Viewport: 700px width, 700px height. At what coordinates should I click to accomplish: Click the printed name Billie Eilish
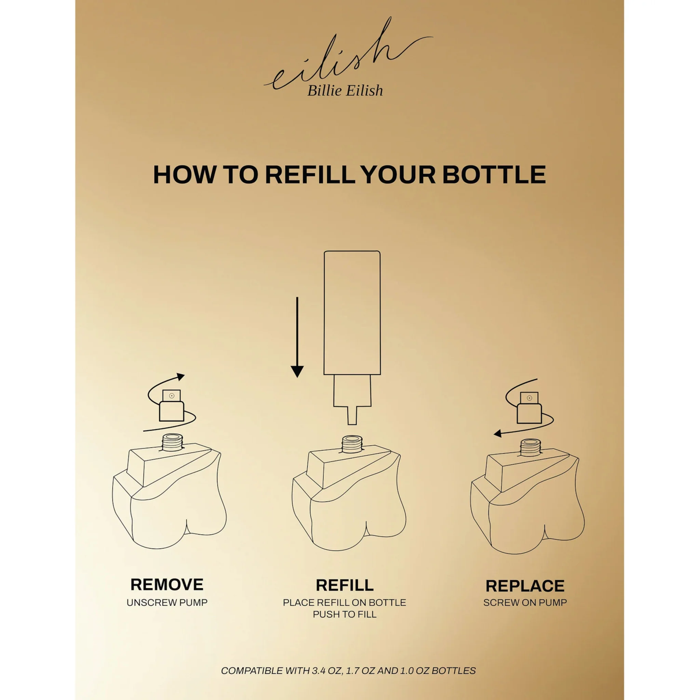[345, 91]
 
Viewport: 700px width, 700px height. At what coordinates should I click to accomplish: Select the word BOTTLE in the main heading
[494, 175]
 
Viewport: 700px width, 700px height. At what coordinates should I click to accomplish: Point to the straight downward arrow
[297, 337]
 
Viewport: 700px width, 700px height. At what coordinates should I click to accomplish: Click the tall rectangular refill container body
[352, 313]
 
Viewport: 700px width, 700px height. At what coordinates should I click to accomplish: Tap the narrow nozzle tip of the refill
[352, 415]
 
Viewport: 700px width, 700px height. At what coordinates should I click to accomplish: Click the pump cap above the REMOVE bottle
[171, 405]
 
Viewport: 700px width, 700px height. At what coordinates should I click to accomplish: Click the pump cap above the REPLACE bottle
[529, 408]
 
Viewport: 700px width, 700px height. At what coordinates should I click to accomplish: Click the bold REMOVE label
[167, 584]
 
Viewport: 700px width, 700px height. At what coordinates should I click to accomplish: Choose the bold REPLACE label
[525, 586]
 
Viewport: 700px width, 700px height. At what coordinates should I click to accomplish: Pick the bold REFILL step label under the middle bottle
[345, 585]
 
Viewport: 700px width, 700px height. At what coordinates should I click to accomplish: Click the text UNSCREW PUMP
[167, 603]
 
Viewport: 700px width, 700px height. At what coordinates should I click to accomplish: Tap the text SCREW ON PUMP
[525, 603]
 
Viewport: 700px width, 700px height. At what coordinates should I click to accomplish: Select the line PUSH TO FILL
[345, 614]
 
